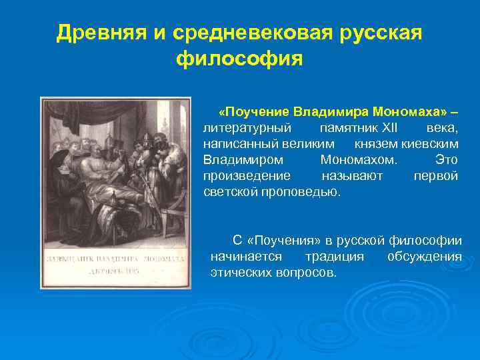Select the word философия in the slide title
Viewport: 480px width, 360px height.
[239, 59]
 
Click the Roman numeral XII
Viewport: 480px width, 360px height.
[384, 127]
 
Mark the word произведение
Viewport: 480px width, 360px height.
[247, 176]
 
